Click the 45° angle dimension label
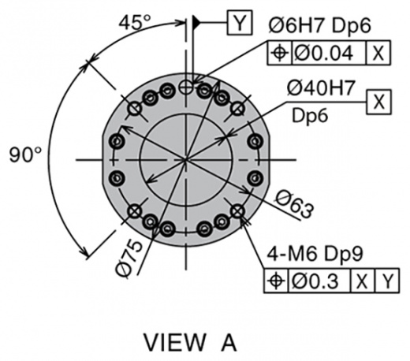pos(135,22)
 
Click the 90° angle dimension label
pos(25,154)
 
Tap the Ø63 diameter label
pos(295,204)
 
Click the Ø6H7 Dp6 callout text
pos(319,25)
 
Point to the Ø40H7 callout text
pos(321,87)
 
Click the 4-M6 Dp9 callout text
pos(315,254)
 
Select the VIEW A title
pos(190,342)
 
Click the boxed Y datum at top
pos(240,23)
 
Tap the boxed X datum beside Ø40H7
pos(378,102)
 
